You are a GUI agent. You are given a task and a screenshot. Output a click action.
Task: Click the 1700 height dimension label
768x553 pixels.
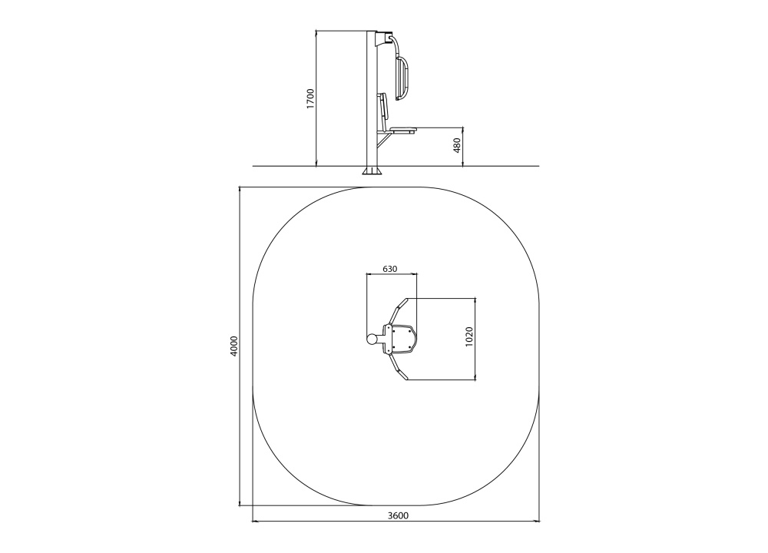tap(310, 98)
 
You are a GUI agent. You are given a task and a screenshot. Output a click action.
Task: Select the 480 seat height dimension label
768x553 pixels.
tap(457, 145)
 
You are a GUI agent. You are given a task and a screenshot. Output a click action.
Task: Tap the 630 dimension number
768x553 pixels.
tap(390, 269)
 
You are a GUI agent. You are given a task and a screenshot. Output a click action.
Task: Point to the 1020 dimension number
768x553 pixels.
tap(469, 336)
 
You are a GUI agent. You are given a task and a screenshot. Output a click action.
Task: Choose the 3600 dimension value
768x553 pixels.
tap(398, 515)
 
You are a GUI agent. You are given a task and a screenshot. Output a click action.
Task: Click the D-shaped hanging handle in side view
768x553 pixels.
tap(402, 78)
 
